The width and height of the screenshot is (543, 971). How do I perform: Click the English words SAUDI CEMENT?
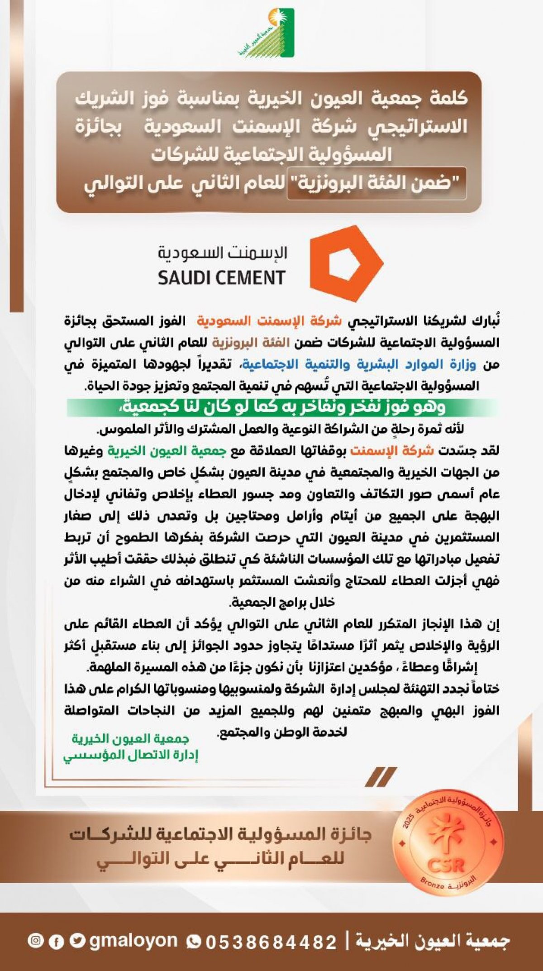(x=221, y=277)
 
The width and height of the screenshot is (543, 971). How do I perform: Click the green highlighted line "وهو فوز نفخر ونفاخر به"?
(x=283, y=407)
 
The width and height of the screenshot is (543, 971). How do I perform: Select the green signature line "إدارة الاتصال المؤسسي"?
(x=131, y=755)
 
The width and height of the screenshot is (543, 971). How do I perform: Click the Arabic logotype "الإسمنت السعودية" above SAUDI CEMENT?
(x=222, y=252)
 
